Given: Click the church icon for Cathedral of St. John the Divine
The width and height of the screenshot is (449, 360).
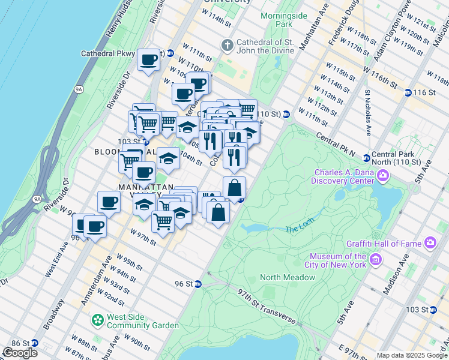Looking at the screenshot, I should (x=227, y=45).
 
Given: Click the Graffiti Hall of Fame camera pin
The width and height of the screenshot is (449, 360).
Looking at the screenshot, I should (x=430, y=243).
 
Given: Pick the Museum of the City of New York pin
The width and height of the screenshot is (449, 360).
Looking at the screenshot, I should (x=376, y=259).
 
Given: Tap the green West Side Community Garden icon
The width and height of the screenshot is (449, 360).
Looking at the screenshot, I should (x=97, y=320).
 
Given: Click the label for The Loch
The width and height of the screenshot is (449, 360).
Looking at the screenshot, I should (x=300, y=229).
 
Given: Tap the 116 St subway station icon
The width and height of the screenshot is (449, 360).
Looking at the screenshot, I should (x=408, y=92).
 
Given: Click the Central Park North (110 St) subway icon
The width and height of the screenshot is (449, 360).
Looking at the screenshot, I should (x=366, y=158).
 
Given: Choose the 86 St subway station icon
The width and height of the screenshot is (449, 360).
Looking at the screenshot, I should (x=34, y=343).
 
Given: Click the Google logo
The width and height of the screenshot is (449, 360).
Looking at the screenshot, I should (x=20, y=352).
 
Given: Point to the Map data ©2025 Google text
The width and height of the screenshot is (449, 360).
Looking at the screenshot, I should (x=412, y=355).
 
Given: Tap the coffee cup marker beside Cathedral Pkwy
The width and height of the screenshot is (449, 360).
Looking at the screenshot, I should (x=148, y=60).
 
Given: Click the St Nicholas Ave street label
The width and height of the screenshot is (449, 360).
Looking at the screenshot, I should (x=367, y=112).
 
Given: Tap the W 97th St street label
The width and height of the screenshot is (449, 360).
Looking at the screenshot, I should (x=143, y=237).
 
